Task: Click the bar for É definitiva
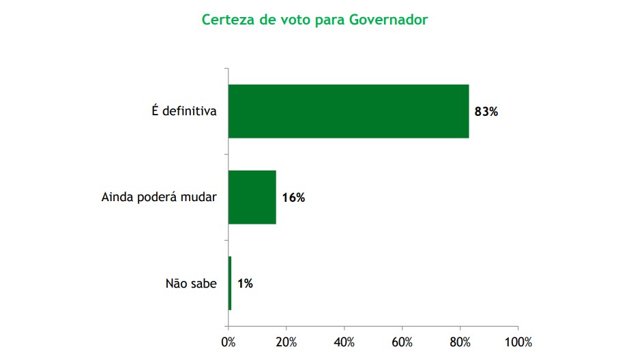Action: tap(348, 111)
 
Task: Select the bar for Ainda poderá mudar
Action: tap(252, 197)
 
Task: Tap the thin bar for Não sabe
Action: tap(230, 283)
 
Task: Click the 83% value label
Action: tap(486, 112)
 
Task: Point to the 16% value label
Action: tap(293, 198)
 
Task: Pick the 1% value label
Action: tap(245, 284)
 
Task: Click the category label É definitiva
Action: tap(184, 111)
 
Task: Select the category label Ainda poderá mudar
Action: tap(159, 198)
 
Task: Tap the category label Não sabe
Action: tap(191, 284)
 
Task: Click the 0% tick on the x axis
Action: tap(229, 342)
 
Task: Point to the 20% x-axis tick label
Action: tap(286, 342)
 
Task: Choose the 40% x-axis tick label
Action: tap(344, 342)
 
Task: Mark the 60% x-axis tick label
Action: tap(402, 342)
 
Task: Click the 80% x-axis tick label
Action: tap(460, 342)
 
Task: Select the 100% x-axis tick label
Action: tap(518, 342)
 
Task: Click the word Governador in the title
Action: tap(388, 19)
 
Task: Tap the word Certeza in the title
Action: tap(226, 19)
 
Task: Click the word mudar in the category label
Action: tap(201, 198)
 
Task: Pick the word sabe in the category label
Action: tap(203, 284)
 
